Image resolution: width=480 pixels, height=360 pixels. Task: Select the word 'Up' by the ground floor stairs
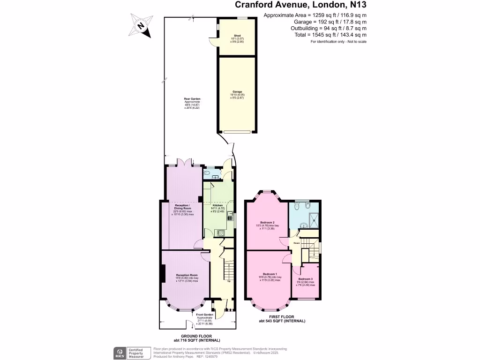(x=229, y=281)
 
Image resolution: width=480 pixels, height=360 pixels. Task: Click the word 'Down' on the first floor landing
(x=297, y=243)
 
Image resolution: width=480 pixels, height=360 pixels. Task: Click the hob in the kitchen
(x=221, y=232)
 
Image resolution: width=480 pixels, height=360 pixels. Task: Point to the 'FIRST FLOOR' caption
(x=282, y=317)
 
